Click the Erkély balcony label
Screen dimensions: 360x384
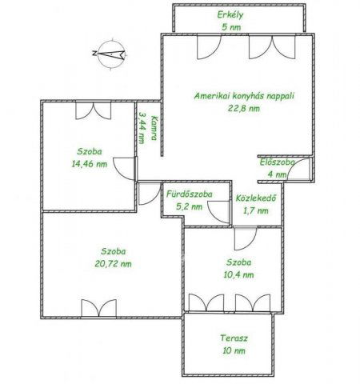pos(230,15)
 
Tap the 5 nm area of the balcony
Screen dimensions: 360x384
pos(231,27)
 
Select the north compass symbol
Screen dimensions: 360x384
pos(110,54)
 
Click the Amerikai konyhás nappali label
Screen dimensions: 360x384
pos(244,96)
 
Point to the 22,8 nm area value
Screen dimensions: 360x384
pos(244,108)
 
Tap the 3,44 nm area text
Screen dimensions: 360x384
pos(142,128)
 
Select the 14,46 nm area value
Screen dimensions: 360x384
pos(90,164)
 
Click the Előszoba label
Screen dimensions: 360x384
pos(278,162)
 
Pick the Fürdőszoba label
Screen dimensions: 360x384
pos(190,194)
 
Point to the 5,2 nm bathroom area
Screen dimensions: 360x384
pos(189,206)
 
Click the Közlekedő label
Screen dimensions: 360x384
pos(256,198)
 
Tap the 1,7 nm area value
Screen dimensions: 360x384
pos(256,210)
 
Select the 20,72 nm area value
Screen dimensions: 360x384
pos(113,264)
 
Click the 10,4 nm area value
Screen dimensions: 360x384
pos(238,274)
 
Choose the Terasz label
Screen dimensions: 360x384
pos(234,338)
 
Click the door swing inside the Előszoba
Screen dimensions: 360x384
pos(298,170)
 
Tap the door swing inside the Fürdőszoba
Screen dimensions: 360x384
pos(218,212)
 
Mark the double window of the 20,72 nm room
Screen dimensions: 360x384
pos(99,308)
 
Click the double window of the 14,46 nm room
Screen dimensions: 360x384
pos(93,110)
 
